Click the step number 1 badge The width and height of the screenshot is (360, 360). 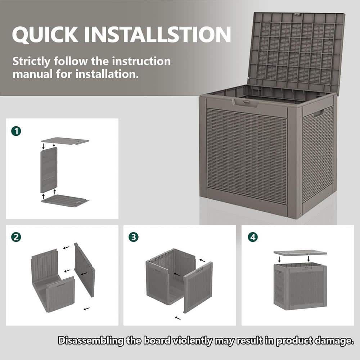click(x=16, y=131)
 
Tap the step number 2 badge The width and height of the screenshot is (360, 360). click(x=15, y=237)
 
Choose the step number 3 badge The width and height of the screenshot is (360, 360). click(x=134, y=237)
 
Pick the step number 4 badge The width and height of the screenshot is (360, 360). click(x=253, y=237)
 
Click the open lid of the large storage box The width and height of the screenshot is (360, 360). click(x=295, y=50)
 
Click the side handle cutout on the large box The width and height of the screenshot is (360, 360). click(x=318, y=114)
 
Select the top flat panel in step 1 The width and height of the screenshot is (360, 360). click(x=65, y=141)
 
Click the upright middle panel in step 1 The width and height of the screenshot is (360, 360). click(x=49, y=170)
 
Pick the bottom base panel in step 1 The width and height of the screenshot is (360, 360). click(x=65, y=201)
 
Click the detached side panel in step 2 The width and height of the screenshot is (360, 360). click(x=85, y=270)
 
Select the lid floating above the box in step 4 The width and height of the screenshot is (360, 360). click(x=295, y=253)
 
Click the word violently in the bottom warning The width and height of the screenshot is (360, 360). click(x=194, y=341)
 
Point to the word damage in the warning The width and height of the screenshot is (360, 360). click(x=332, y=341)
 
